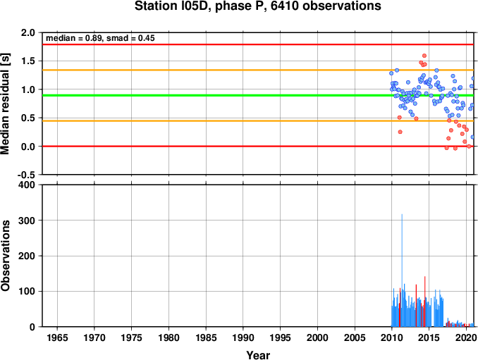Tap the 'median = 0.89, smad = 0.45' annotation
100,38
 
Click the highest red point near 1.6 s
424,56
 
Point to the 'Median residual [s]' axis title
5,104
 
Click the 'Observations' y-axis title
5,255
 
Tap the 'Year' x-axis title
258,355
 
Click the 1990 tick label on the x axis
243,337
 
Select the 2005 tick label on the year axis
355,337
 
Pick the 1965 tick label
57,337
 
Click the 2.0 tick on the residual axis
28,32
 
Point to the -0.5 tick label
26,175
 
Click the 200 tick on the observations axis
27,256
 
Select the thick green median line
258,95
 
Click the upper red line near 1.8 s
258,44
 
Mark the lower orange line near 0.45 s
258,121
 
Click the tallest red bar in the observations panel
424,302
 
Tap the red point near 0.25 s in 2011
400,132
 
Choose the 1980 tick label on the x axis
168,337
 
